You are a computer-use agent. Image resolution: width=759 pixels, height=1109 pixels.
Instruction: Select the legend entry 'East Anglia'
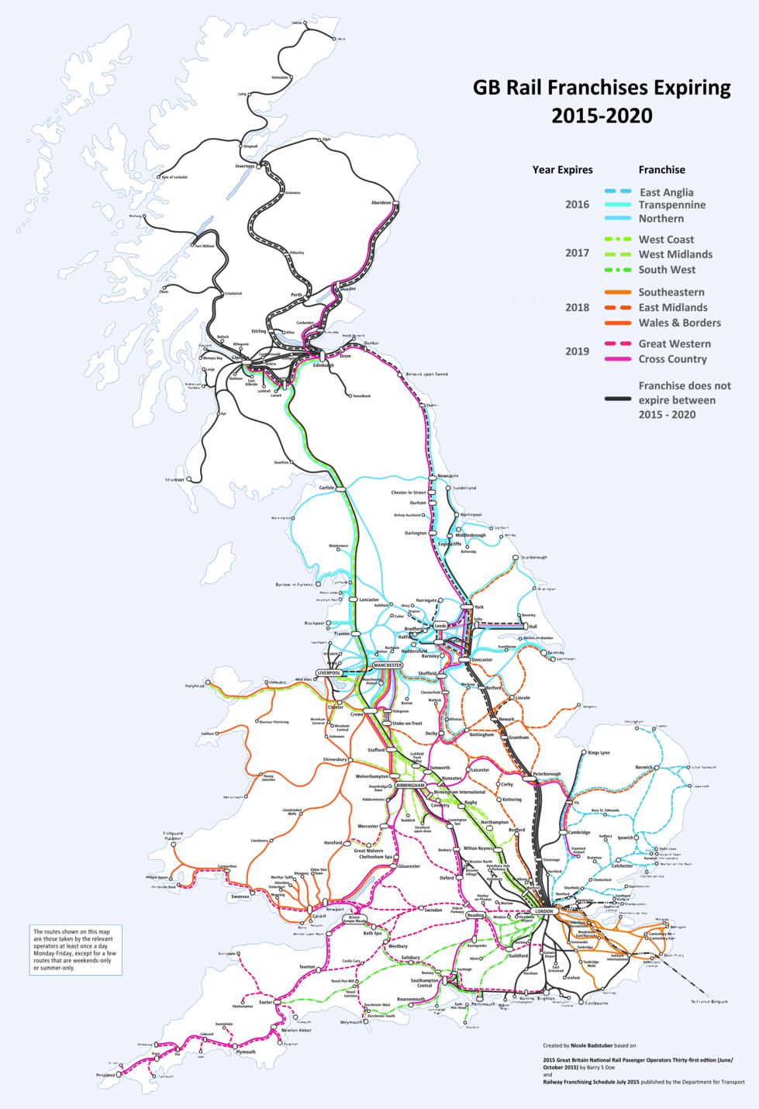(666, 192)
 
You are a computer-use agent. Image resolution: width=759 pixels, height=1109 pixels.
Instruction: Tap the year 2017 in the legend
(577, 253)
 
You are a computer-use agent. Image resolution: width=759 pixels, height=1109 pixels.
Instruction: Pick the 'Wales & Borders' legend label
(679, 323)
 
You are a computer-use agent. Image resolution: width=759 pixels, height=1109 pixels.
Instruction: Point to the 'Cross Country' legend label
(672, 359)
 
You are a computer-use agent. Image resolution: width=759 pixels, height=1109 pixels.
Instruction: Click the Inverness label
(245, 166)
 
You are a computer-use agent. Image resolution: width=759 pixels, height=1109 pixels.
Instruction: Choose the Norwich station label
(643, 768)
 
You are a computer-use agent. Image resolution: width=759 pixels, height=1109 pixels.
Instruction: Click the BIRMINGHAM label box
(410, 786)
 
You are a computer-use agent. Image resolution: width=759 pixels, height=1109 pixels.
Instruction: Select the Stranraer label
(174, 480)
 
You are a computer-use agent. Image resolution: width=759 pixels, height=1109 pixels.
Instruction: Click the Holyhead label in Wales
(194, 686)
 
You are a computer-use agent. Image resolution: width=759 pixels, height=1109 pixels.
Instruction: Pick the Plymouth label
(245, 1052)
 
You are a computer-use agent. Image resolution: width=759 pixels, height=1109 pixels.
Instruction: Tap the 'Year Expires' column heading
(562, 169)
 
